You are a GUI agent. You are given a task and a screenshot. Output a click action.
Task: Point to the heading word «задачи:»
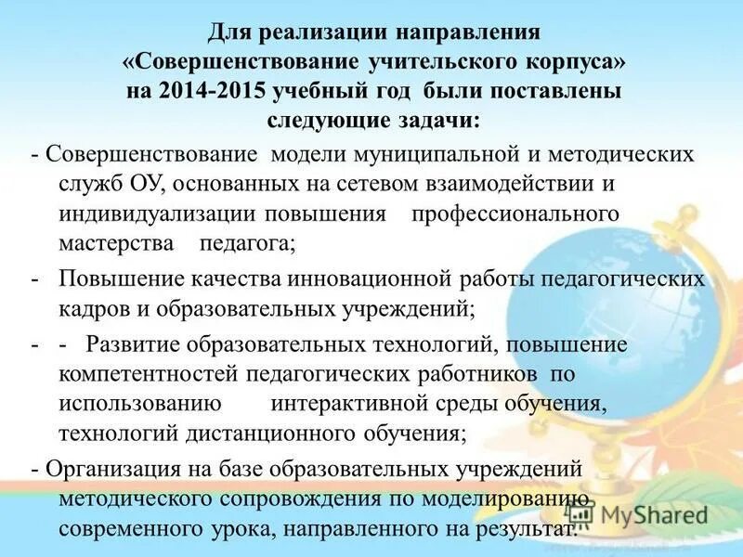click(x=441, y=121)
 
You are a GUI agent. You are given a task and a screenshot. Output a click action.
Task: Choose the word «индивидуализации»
click(x=157, y=214)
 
